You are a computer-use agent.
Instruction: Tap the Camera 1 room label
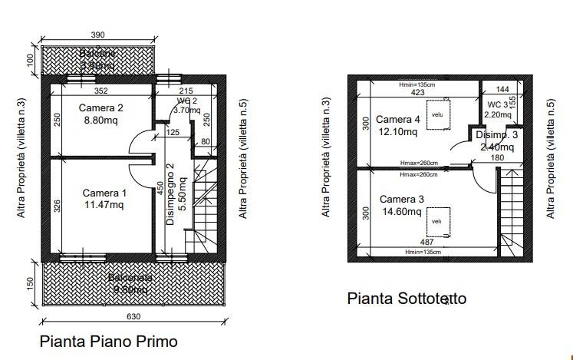click(105, 192)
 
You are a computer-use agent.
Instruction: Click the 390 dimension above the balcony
click(97, 35)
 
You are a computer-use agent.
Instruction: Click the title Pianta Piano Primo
click(108, 340)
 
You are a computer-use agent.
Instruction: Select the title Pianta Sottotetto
click(406, 299)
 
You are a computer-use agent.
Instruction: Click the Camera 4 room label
click(397, 120)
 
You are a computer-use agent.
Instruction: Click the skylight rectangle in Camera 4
click(437, 115)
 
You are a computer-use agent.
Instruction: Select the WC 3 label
click(497, 104)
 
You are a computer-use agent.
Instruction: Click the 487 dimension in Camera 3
click(426, 242)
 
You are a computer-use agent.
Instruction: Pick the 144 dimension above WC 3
click(502, 89)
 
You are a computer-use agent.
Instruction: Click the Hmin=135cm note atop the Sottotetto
click(417, 84)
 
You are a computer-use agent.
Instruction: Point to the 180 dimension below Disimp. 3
click(496, 158)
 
